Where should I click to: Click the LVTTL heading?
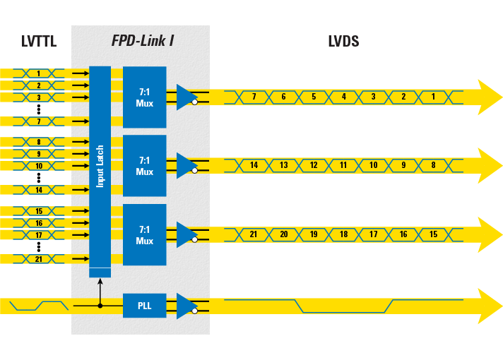(39, 42)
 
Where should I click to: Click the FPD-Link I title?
(143, 41)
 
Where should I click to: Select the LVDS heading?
(343, 41)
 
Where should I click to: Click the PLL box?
(144, 306)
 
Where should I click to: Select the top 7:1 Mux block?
(144, 97)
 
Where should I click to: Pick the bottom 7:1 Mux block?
(144, 235)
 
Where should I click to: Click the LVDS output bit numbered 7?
(254, 97)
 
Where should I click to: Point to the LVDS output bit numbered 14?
(254, 165)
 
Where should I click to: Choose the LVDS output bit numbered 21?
(254, 234)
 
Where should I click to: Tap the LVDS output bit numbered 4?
(344, 97)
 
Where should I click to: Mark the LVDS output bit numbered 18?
(344, 234)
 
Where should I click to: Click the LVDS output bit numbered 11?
(344, 165)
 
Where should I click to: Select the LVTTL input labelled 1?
(39, 73)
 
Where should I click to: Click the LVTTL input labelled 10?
(39, 166)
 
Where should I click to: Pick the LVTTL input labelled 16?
(39, 223)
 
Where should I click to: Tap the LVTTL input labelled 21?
(39, 259)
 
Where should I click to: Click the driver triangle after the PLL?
(186, 306)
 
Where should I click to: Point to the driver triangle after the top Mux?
(186, 97)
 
